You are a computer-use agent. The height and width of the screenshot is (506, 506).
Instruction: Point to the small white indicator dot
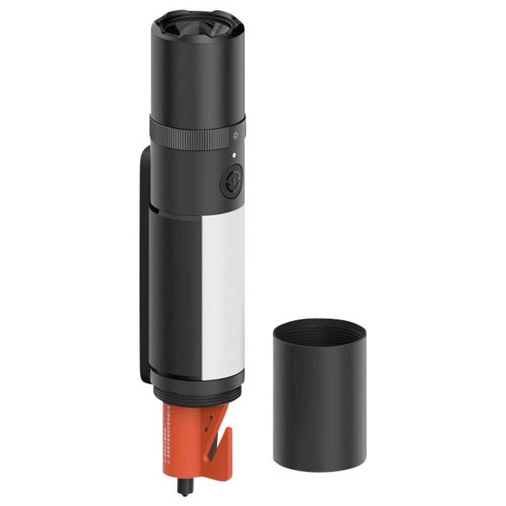click(x=234, y=155)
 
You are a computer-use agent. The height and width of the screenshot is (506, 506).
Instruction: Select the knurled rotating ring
click(x=197, y=133)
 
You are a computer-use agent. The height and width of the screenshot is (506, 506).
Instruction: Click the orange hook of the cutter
click(x=225, y=445)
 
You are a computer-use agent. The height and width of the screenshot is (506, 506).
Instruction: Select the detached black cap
click(x=319, y=400)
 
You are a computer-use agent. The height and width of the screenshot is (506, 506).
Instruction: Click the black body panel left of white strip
click(x=177, y=293)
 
